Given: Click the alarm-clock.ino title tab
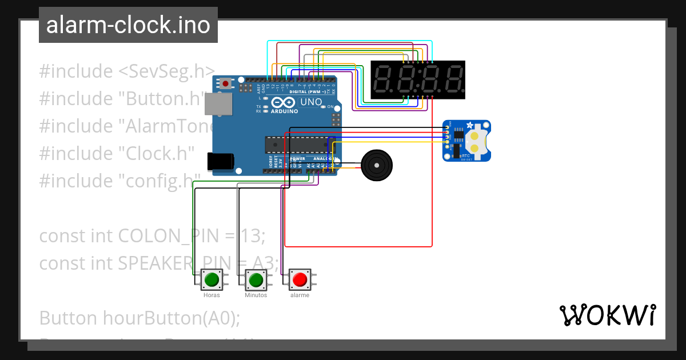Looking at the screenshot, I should [x=128, y=25].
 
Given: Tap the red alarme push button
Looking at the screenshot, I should [x=300, y=280].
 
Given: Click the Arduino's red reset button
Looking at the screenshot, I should [x=226, y=84].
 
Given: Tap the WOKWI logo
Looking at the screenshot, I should [x=607, y=315].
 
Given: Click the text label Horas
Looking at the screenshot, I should [x=212, y=295].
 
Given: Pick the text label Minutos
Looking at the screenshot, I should [x=256, y=295].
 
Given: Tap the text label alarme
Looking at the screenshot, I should [x=300, y=295].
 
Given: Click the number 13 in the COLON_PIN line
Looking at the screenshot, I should [x=252, y=235].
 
